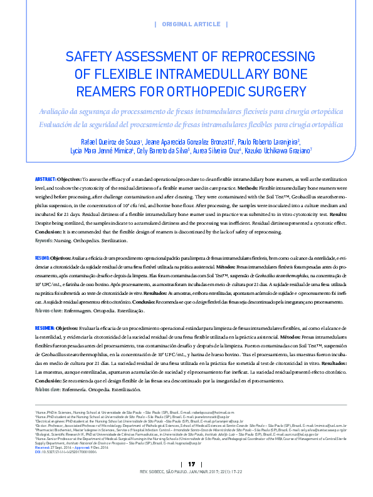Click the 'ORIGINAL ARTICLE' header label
(x=191, y=24)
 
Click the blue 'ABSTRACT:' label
(x=46, y=179)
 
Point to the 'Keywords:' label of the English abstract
(x=44, y=240)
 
